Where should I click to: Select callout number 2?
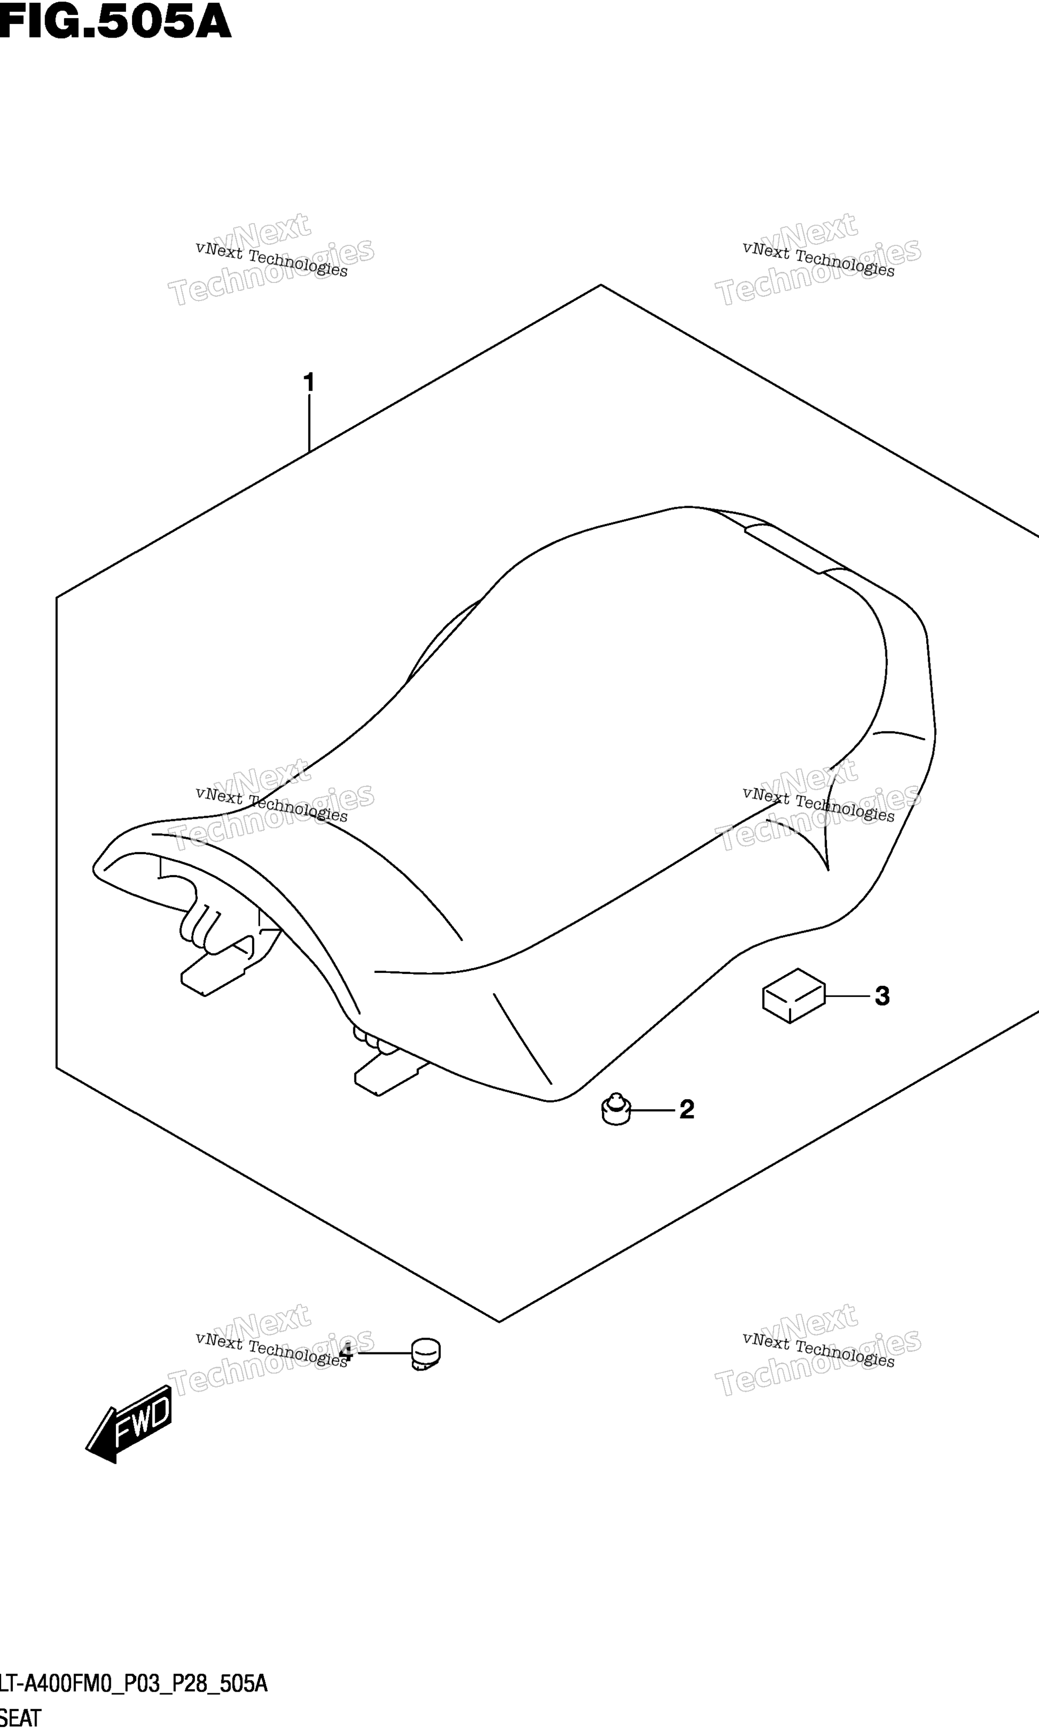(687, 1109)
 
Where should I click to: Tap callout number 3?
(882, 996)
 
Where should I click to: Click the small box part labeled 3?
(794, 996)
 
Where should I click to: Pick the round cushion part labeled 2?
(616, 1109)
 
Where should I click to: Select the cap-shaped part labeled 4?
(425, 1353)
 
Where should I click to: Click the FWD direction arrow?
(128, 1424)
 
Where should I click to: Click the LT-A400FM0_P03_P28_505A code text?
(134, 1679)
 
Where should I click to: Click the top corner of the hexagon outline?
(601, 285)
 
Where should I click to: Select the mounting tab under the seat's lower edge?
(390, 1074)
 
